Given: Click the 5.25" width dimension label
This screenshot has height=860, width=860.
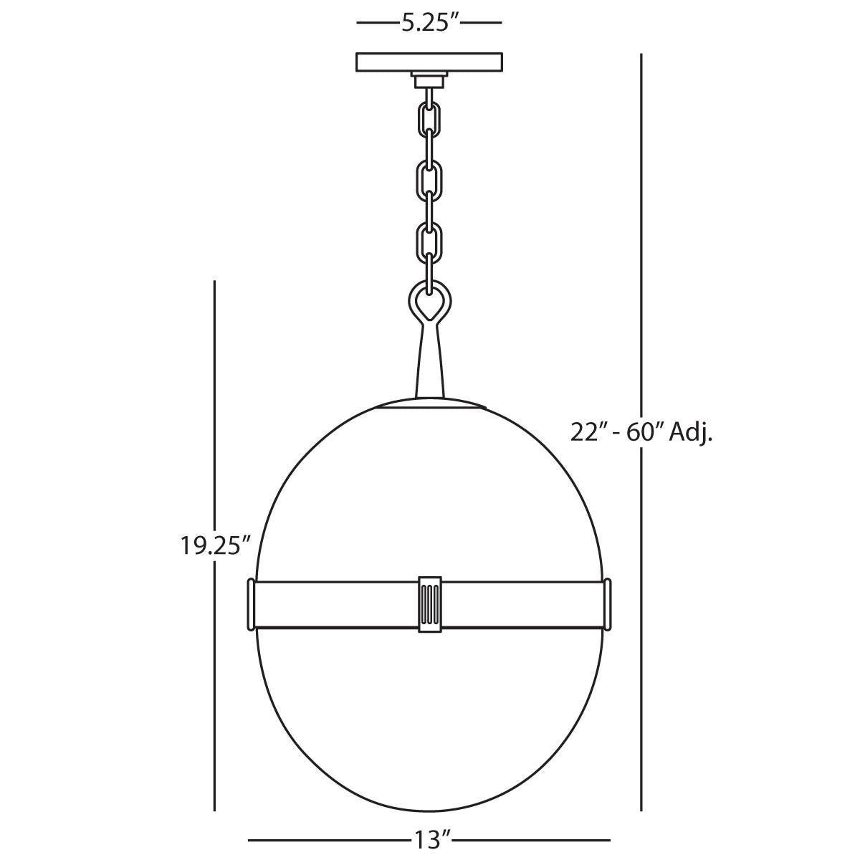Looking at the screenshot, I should tap(429, 23).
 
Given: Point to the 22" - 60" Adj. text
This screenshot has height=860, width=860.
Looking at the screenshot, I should tap(641, 432).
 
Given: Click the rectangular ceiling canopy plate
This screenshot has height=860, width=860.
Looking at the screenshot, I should tap(429, 62).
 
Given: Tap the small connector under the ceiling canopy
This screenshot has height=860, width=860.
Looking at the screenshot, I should tap(429, 79).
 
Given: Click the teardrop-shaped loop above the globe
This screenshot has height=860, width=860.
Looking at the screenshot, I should tap(429, 301).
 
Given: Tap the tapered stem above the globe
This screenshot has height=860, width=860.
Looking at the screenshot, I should tap(429, 362).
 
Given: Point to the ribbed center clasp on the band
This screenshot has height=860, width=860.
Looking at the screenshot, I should tap(429, 603).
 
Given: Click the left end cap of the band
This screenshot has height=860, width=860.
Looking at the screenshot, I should tap(251, 605).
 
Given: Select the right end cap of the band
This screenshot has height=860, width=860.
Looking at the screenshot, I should tap(608, 605).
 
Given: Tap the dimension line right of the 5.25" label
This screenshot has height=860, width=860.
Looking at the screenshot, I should tap(480, 23).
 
